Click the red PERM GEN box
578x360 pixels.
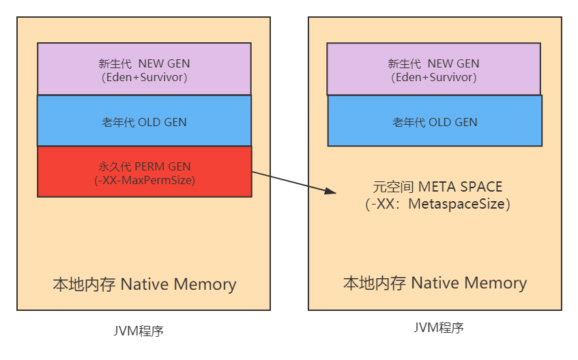(144, 172)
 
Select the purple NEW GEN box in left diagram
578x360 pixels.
(144, 69)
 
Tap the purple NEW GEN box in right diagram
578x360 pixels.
(433, 69)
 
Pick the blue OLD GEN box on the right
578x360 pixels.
(435, 121)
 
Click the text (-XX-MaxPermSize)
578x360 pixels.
(144, 181)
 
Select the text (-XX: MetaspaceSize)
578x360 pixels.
(437, 204)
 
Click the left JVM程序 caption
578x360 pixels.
(139, 331)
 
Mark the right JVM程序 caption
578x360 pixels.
(439, 328)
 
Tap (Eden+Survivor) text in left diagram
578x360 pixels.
(144, 77)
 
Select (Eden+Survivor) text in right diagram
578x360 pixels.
(433, 77)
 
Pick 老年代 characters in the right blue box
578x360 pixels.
(408, 123)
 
